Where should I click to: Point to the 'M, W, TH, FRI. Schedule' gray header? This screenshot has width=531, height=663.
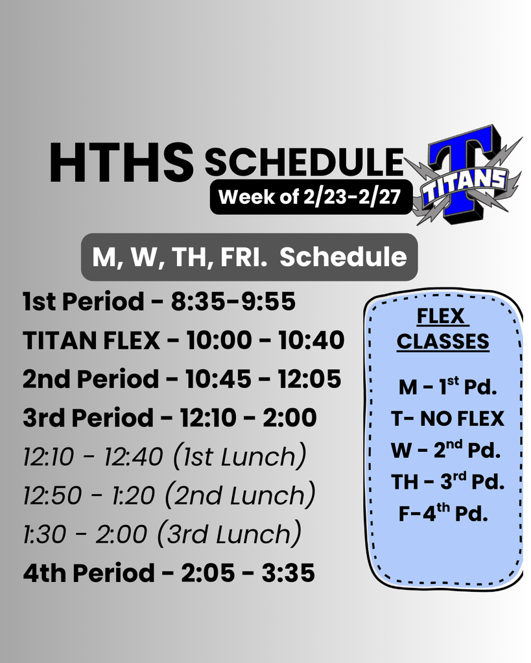point(249,257)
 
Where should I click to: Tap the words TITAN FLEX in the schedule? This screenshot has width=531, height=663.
point(91,340)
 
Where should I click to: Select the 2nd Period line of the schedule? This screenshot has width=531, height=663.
point(182,379)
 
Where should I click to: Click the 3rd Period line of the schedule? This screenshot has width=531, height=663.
point(169,418)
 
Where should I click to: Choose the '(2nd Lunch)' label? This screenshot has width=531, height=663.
point(240,496)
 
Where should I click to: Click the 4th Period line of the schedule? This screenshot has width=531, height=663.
point(169,573)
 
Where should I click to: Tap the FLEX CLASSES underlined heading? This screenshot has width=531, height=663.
point(443,329)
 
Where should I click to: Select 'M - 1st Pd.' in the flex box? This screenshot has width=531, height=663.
point(447,387)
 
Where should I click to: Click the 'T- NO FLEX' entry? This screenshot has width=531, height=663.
point(447,419)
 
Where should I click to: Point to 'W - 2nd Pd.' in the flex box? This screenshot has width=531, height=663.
point(446,450)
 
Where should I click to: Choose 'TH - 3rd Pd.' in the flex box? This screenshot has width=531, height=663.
point(447,482)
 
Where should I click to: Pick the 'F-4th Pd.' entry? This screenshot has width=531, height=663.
point(443,514)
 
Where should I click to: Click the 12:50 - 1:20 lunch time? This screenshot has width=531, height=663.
point(88,496)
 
